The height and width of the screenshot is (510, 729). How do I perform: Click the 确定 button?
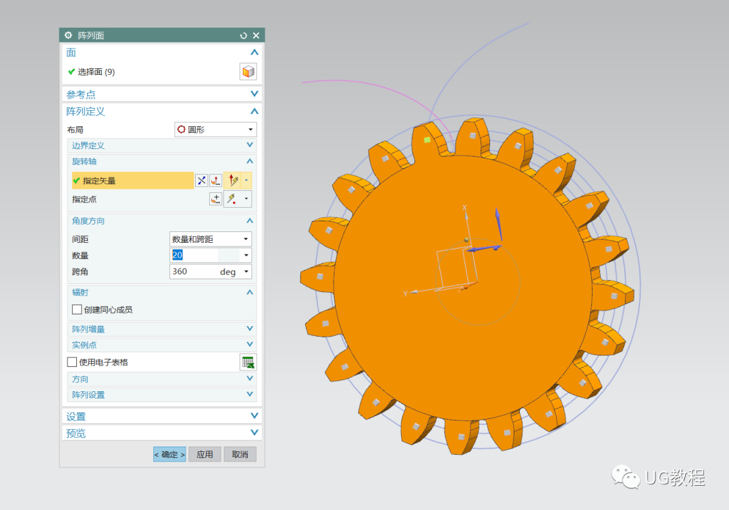pos(169,454)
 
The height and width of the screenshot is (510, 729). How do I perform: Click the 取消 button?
pos(240,454)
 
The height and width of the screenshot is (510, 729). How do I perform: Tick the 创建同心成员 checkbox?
pos(77,310)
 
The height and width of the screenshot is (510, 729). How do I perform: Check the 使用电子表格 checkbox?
pos(72,362)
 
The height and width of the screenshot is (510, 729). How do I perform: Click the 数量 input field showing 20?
pos(205,255)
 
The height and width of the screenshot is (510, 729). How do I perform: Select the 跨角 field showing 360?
pos(205,271)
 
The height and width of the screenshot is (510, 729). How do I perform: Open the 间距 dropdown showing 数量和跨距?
pos(211,239)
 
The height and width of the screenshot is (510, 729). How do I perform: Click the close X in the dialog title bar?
pos(256,35)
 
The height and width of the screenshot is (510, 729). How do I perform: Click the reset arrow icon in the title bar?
pos(243,35)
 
